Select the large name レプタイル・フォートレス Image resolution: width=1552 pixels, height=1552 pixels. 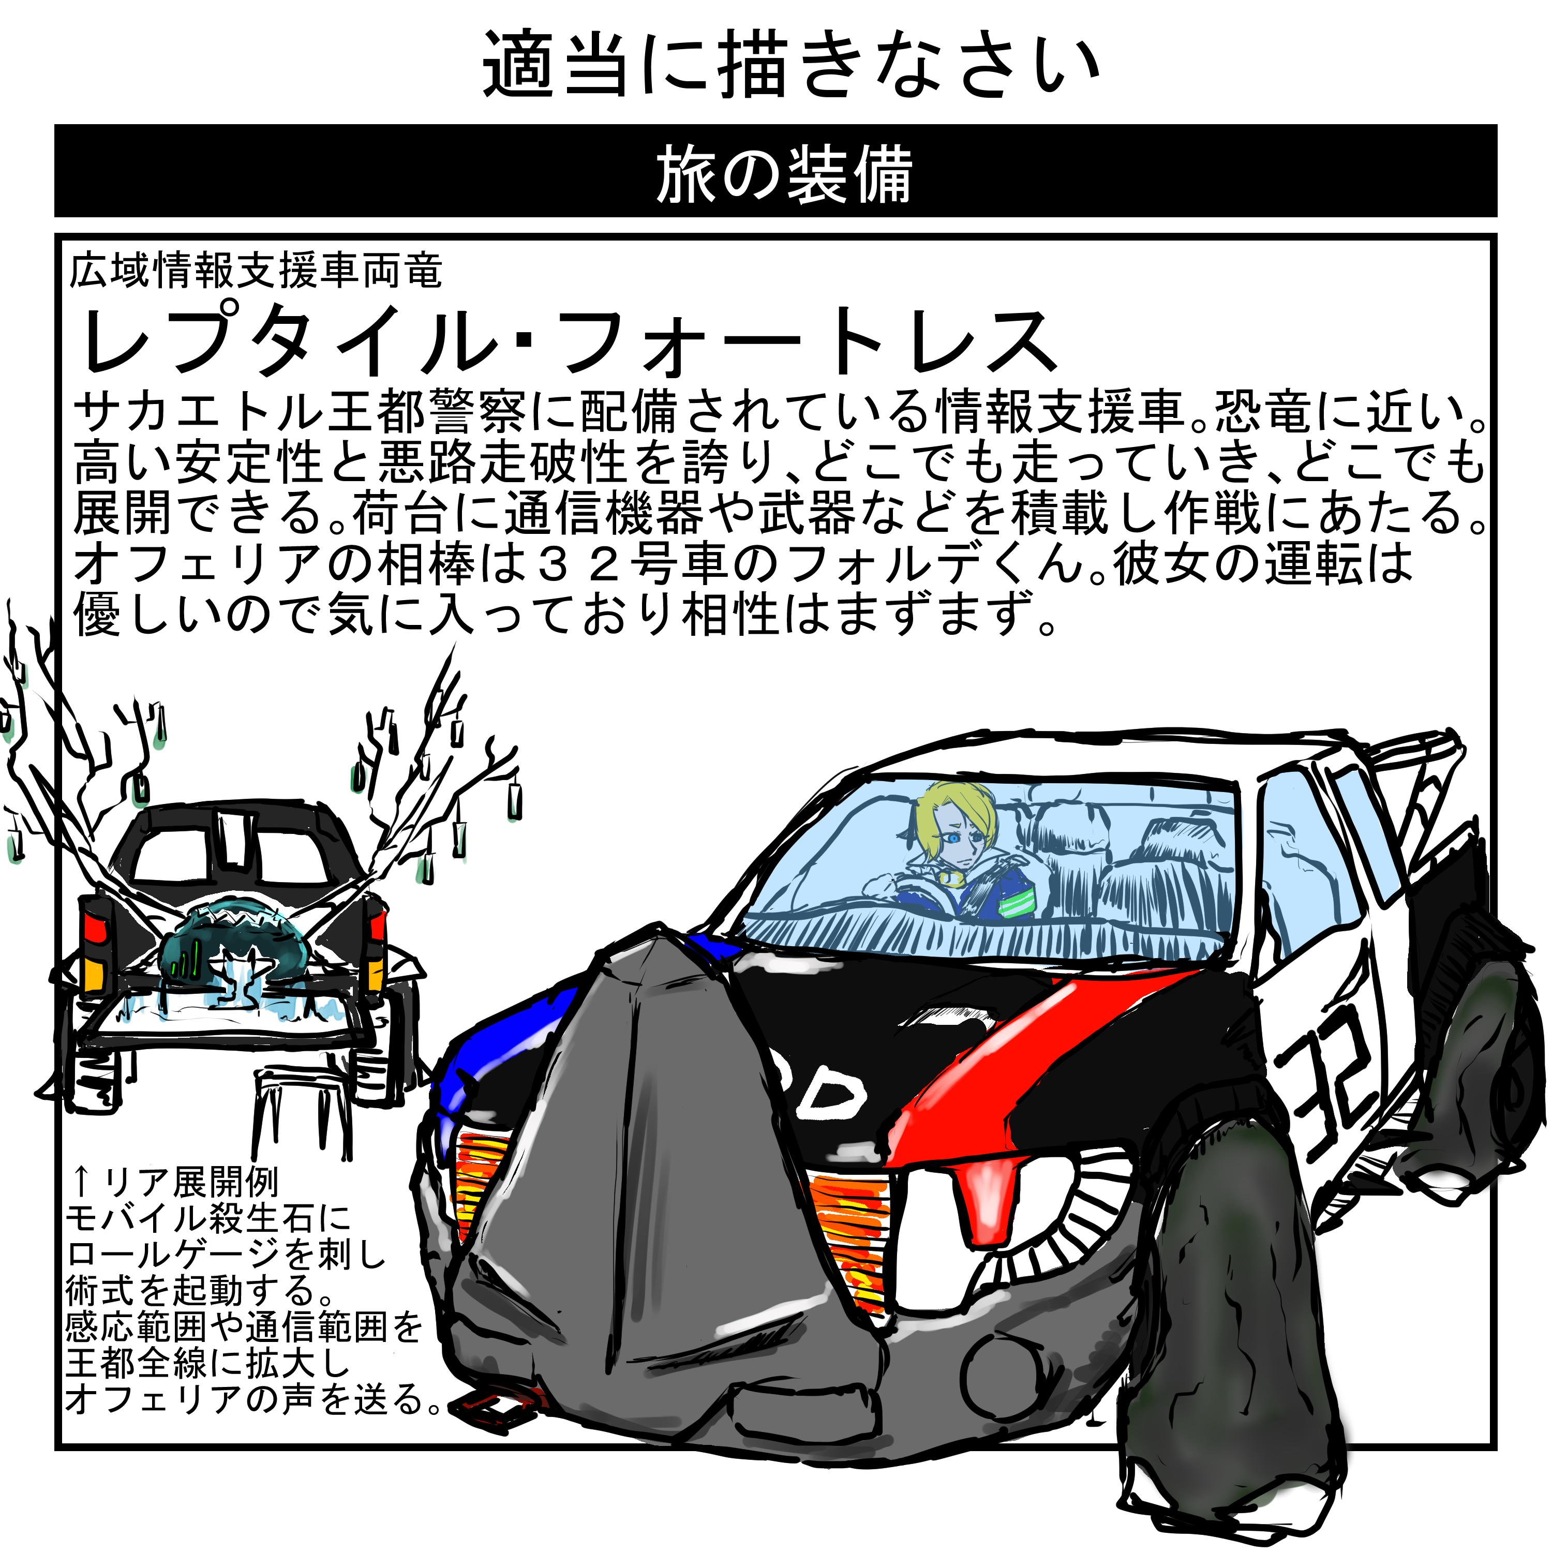coord(566,341)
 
